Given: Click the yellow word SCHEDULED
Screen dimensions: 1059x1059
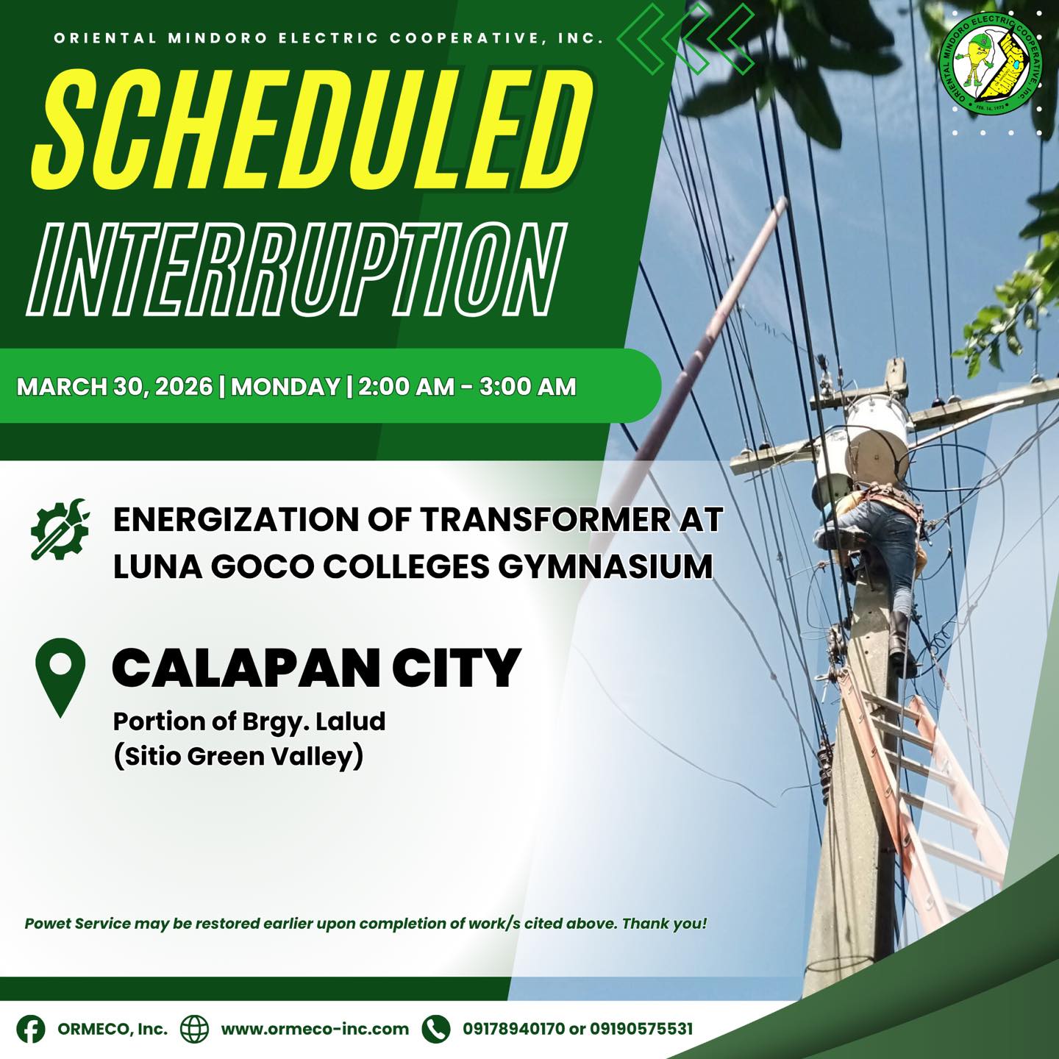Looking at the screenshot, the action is point(313,131).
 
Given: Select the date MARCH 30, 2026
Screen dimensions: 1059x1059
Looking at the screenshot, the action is point(114,387).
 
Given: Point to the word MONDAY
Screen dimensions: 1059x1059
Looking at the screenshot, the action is point(286,387).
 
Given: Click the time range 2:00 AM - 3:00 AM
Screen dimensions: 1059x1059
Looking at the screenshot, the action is point(467,387).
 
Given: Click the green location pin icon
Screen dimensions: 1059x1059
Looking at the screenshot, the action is point(60,677).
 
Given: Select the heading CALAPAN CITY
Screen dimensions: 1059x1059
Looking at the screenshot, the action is point(316,667).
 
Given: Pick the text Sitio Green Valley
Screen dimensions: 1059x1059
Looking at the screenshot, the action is point(238,757).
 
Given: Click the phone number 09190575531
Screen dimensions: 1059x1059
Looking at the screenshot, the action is point(641,1028).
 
